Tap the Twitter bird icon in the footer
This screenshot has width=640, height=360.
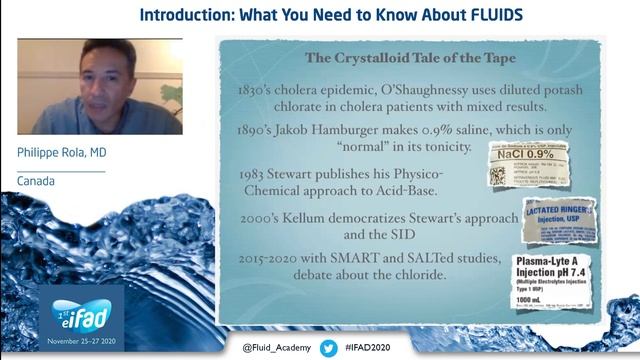[x=328, y=347]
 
